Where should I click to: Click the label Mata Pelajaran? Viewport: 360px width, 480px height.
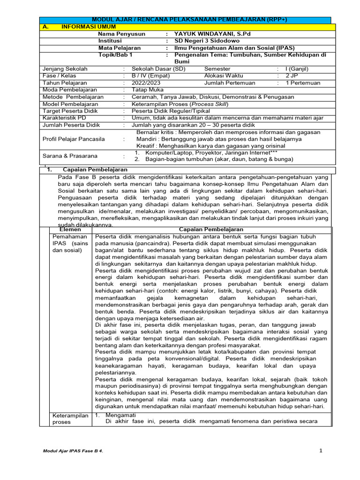(x=119, y=48)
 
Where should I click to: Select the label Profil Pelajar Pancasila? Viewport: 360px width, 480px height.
(x=74, y=139)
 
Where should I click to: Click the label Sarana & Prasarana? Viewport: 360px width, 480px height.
(x=70, y=156)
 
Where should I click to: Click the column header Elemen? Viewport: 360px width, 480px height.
(x=70, y=229)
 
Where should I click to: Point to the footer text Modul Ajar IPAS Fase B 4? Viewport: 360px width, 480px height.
(x=73, y=451)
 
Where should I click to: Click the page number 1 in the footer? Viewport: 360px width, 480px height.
(x=321, y=451)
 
